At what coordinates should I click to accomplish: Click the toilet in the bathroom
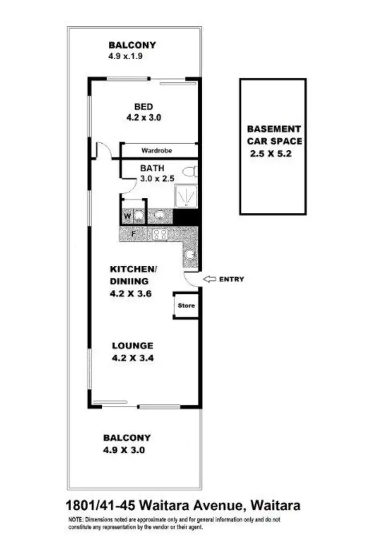tap(189, 172)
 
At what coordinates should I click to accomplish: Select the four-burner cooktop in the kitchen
tap(161, 234)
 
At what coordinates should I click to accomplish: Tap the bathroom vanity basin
tap(161, 215)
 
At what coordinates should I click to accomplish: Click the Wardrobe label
tap(156, 151)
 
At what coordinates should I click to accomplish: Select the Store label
tap(186, 305)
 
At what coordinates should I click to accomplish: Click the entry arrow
tap(209, 279)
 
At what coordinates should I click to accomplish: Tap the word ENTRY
tap(232, 279)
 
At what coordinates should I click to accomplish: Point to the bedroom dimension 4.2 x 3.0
tap(144, 117)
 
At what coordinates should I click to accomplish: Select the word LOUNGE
tap(132, 346)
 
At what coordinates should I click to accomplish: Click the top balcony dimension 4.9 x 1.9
tap(125, 56)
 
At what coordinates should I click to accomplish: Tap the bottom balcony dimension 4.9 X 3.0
tap(124, 450)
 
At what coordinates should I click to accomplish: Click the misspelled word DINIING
tap(129, 282)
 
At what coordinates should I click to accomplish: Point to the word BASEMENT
tap(274, 129)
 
